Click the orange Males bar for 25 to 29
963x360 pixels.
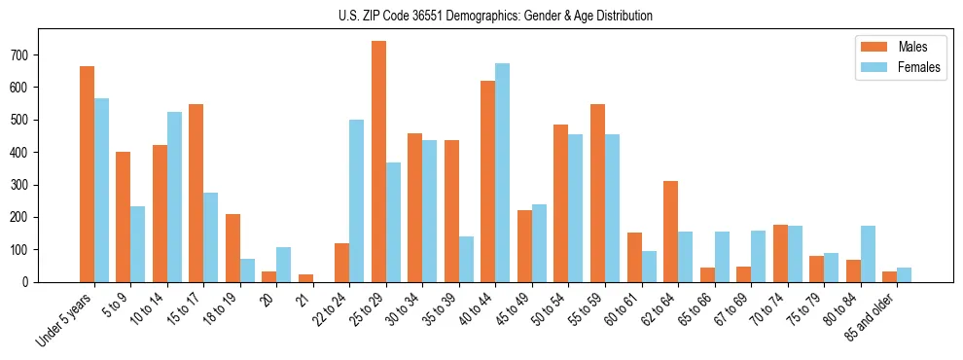point(378,162)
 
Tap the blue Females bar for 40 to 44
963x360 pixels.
point(503,173)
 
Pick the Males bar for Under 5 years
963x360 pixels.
point(87,174)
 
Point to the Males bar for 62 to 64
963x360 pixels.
point(670,232)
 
